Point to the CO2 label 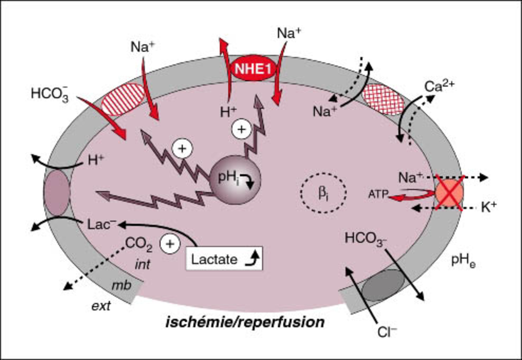point(137,243)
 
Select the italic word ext point(100,306)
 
